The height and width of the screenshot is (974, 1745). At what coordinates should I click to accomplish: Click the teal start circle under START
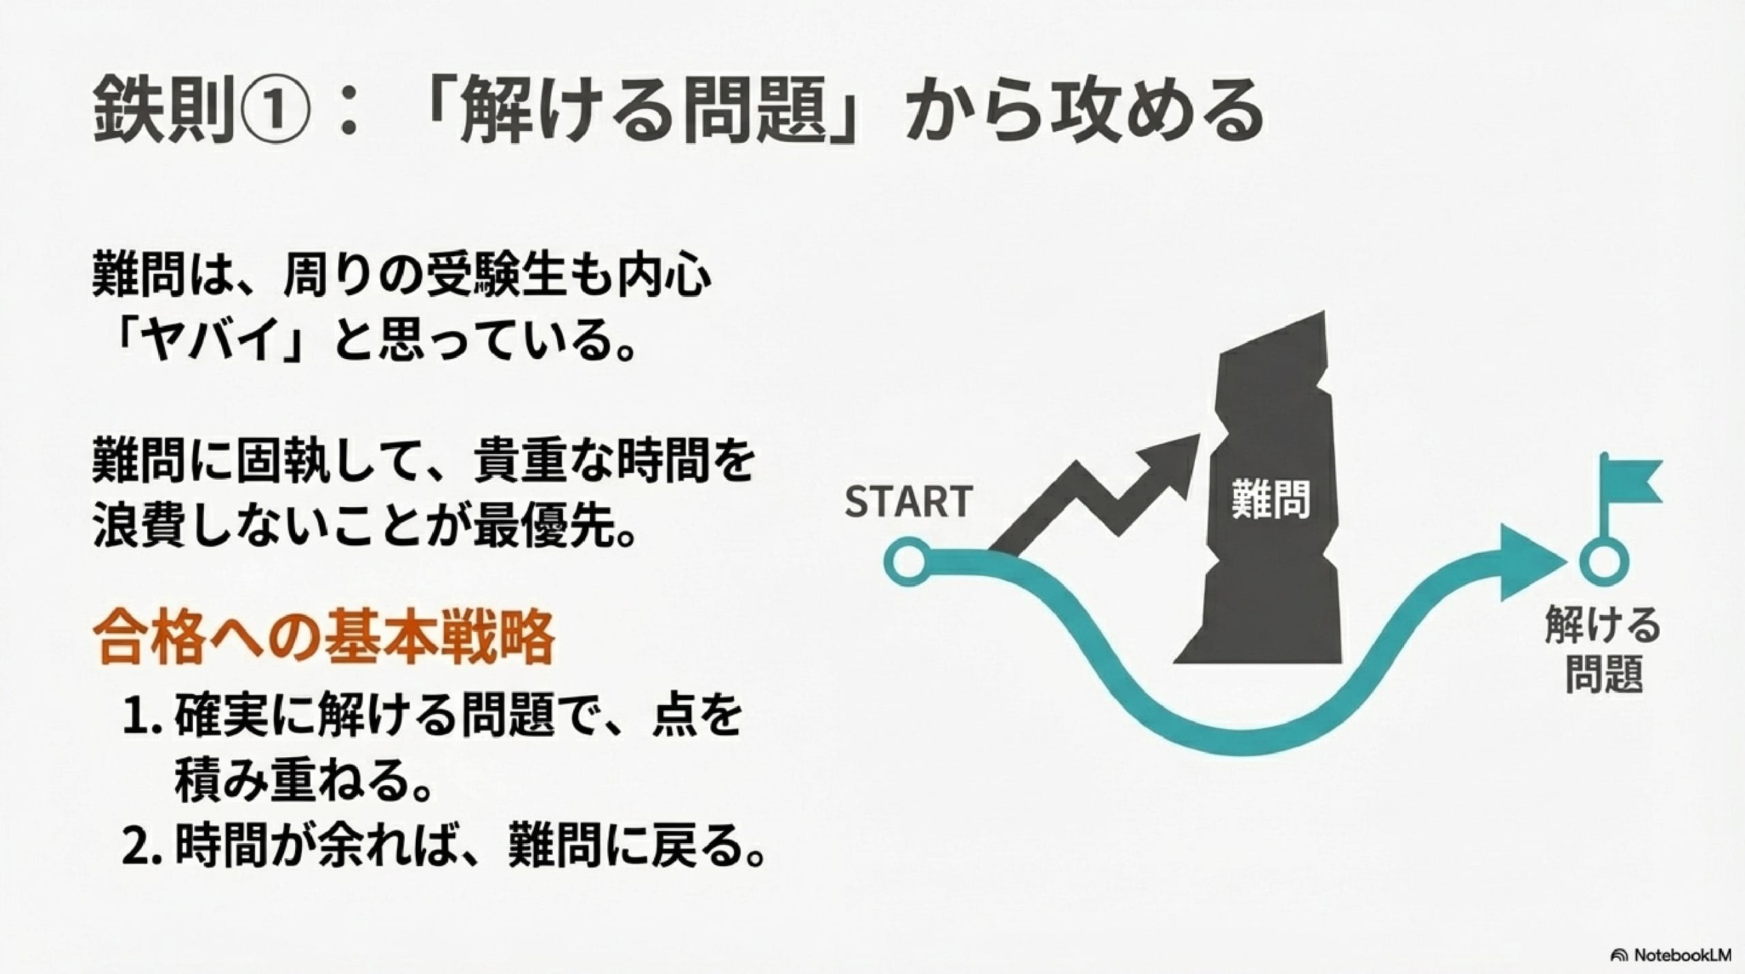click(x=906, y=563)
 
